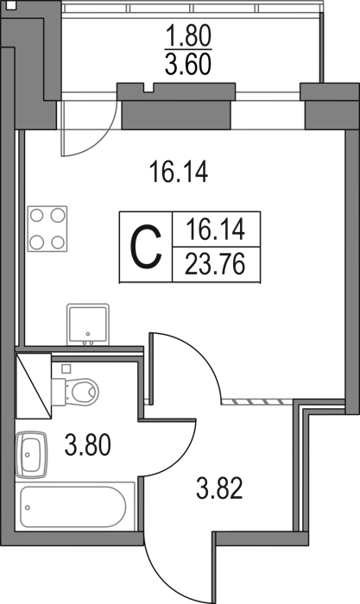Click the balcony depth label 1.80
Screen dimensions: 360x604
pyautogui.click(x=188, y=36)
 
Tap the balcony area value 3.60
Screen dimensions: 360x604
pyautogui.click(x=188, y=64)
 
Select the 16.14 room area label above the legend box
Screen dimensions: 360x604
pyautogui.click(x=180, y=172)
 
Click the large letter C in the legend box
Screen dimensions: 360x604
pyautogui.click(x=146, y=247)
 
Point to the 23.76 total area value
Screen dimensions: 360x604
pyautogui.click(x=215, y=265)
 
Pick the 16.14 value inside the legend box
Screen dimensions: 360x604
pyautogui.click(x=215, y=230)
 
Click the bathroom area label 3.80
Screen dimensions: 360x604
pyautogui.click(x=88, y=444)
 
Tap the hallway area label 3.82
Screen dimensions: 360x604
pyautogui.click(x=219, y=488)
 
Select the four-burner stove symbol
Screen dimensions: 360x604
pyautogui.click(x=47, y=229)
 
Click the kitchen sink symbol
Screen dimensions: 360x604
pyautogui.click(x=88, y=324)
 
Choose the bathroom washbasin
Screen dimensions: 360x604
pyautogui.click(x=31, y=455)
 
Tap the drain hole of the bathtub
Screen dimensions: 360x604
pyautogui.click(x=28, y=507)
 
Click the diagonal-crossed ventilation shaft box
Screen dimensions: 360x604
pyautogui.click(x=34, y=386)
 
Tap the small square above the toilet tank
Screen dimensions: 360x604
pyautogui.click(x=66, y=368)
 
